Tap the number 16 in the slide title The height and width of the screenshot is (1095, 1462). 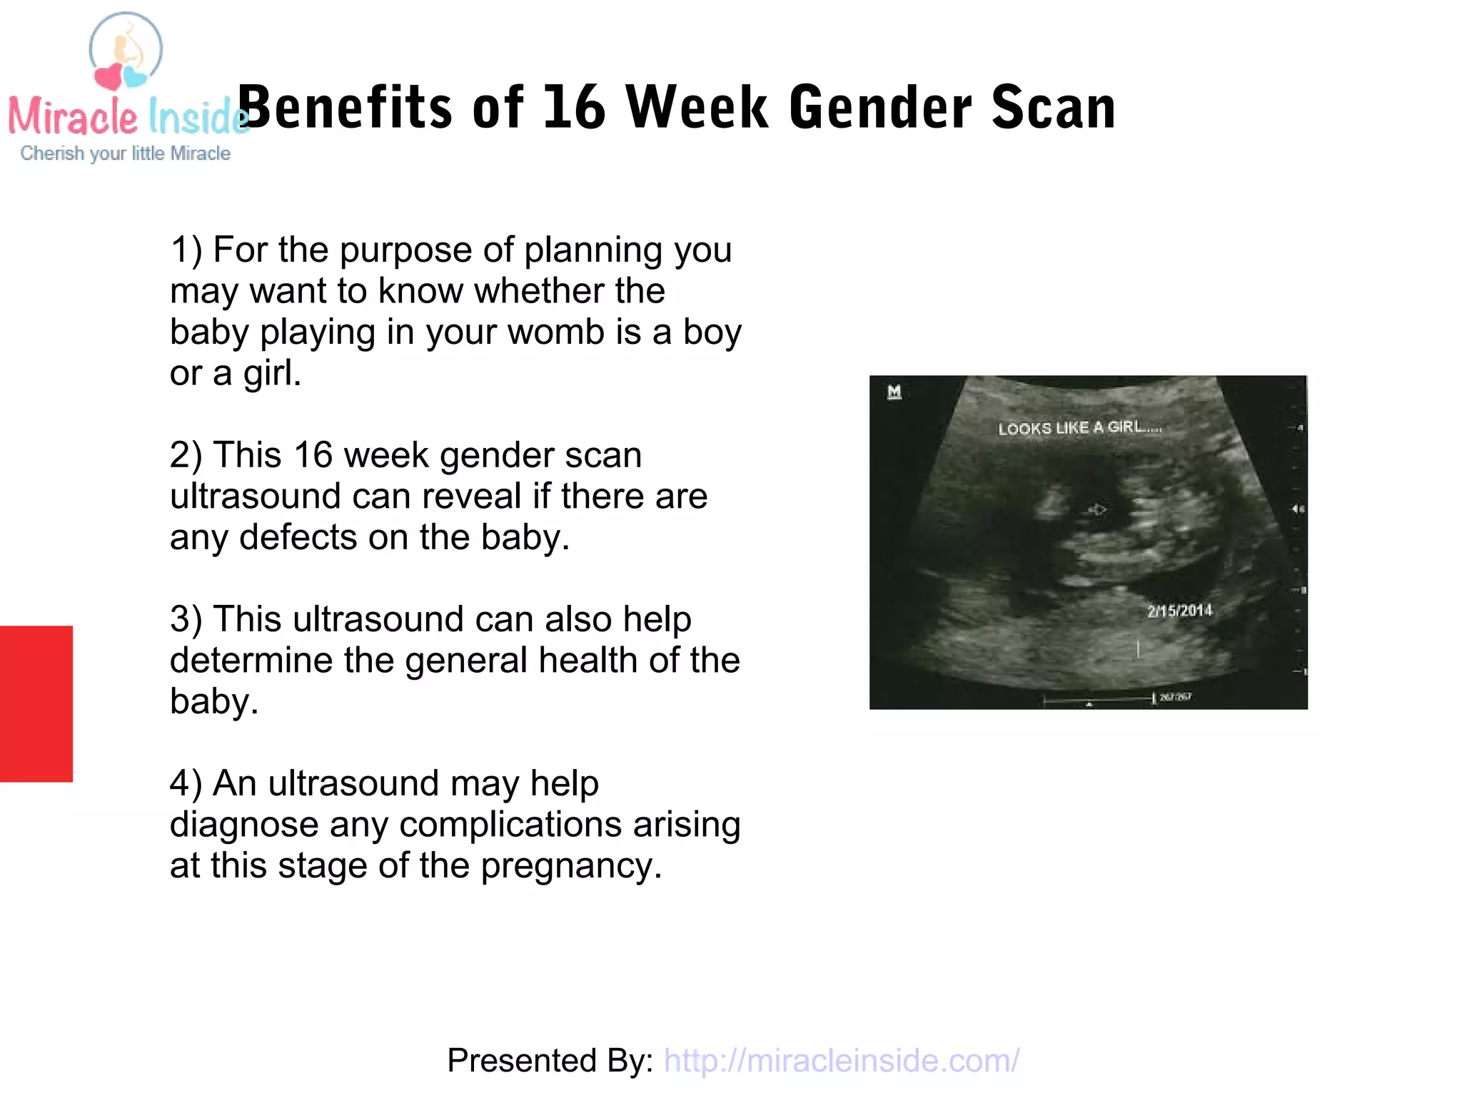click(x=574, y=108)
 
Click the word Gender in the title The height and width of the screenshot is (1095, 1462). click(x=880, y=108)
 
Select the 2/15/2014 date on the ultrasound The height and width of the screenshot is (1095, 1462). click(x=1179, y=611)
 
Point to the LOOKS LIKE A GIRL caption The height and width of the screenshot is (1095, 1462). click(x=1079, y=428)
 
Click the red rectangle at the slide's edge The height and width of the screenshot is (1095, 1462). click(x=36, y=703)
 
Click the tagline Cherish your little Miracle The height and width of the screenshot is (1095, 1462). click(x=125, y=153)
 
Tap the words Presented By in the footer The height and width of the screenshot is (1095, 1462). click(x=550, y=1061)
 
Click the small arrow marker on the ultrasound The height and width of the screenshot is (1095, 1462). click(x=1098, y=509)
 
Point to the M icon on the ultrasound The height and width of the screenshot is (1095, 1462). click(x=894, y=392)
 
